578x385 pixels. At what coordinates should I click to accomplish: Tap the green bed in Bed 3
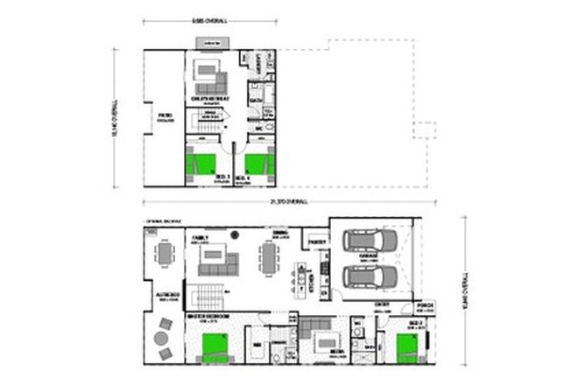[202, 164]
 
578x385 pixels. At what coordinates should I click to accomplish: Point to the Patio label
[163, 115]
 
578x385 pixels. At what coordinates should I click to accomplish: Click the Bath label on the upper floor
[257, 100]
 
